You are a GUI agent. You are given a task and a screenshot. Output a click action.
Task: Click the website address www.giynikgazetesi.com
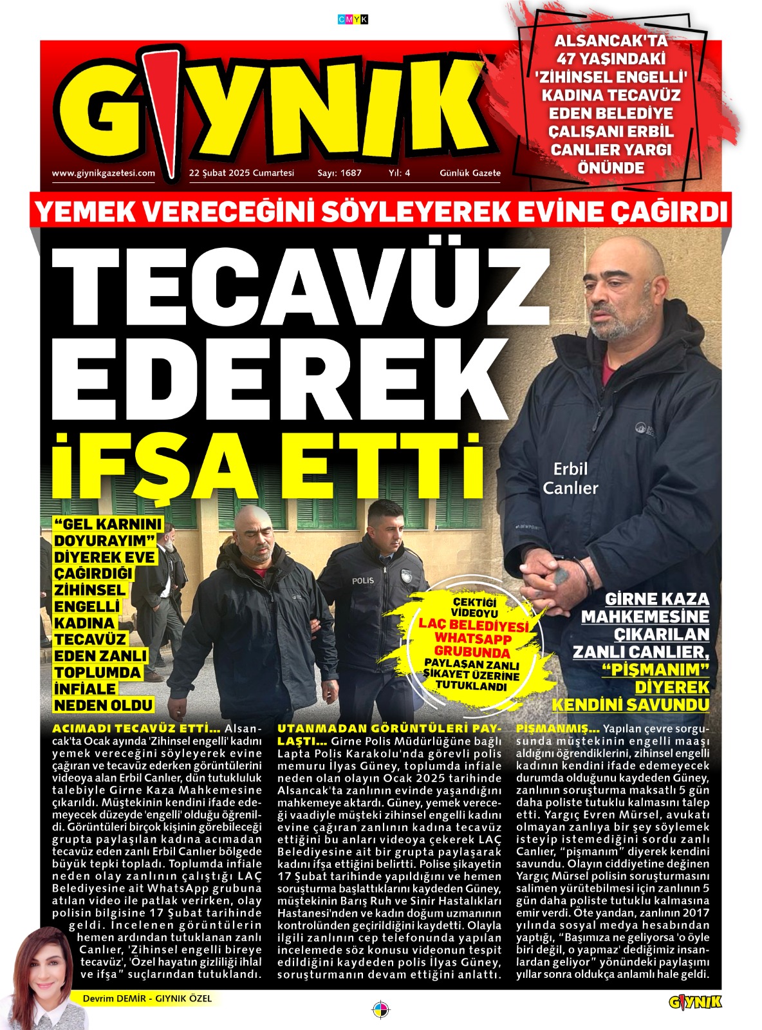pos(103,173)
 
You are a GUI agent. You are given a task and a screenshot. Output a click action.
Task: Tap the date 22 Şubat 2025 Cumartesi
pos(241,173)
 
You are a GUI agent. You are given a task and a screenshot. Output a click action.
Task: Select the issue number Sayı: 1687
pos(339,173)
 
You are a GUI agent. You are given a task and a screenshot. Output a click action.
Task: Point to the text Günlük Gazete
pos(470,173)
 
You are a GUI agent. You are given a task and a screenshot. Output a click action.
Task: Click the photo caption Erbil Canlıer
pos(570,479)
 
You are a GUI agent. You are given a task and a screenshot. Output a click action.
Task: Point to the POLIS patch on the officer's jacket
pos(362,581)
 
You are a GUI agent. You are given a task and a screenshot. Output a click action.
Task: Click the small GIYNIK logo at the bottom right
pos(695,1002)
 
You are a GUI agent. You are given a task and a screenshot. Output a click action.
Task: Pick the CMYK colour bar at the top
pos(353,20)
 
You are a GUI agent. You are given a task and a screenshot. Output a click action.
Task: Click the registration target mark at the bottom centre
pos(382,1007)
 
